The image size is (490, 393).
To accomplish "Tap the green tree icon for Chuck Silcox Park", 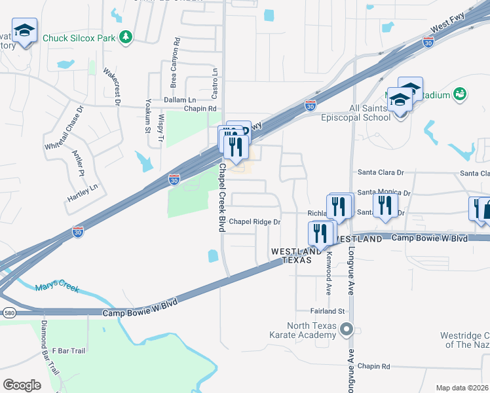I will [x=125, y=37].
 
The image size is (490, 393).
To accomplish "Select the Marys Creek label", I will [x=56, y=287].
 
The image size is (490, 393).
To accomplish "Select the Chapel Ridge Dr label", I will [x=254, y=222].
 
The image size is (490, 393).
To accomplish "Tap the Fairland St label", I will [x=328, y=310].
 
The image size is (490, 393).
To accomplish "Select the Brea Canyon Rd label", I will [x=174, y=67].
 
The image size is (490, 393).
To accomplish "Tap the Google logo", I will [x=22, y=384].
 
